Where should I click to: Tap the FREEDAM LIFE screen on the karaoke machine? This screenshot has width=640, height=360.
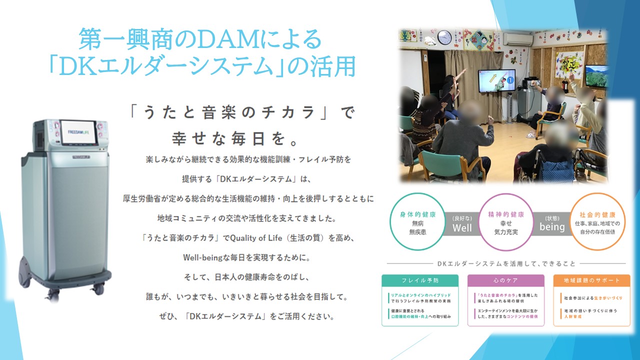tap(78, 132)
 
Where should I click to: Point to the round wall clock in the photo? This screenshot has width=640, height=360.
tap(444, 37)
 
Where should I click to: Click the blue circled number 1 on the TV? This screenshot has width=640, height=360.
tap(510, 79)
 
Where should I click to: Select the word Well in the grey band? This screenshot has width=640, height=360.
tap(462, 228)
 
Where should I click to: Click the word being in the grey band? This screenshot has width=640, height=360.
tap(552, 227)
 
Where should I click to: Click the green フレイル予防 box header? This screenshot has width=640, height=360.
tap(419, 280)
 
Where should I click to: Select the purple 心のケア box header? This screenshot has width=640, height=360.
tap(505, 280)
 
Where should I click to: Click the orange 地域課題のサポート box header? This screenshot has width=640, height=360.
tap(591, 280)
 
